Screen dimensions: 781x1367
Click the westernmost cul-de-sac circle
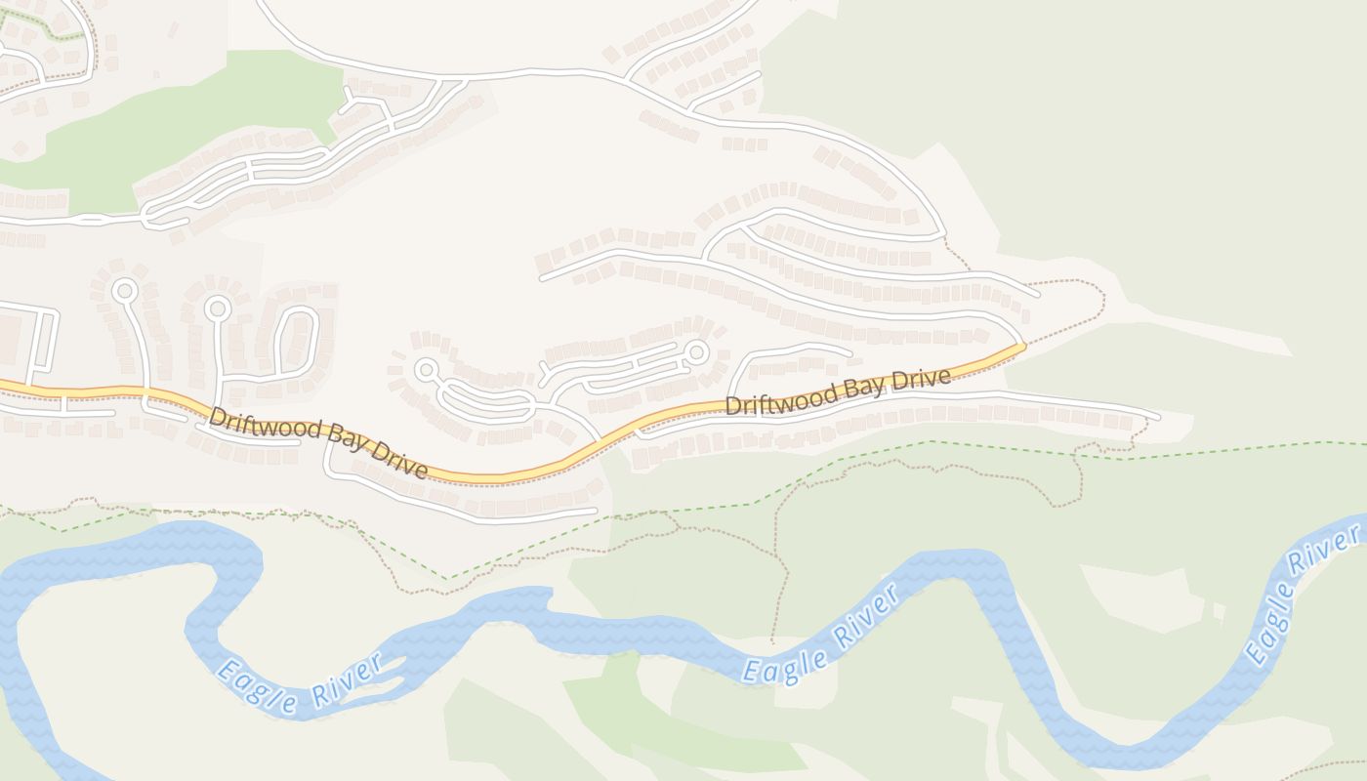(x=124, y=290)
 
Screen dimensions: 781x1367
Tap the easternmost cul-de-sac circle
(x=696, y=350)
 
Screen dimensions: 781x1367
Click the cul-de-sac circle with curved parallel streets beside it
(x=426, y=369)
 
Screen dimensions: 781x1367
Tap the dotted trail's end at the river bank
(x=772, y=642)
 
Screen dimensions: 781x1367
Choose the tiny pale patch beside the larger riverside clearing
(x=1220, y=612)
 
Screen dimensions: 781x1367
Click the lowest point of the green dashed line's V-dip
(x=448, y=579)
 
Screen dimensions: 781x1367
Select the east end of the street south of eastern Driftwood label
(x=1159, y=417)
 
